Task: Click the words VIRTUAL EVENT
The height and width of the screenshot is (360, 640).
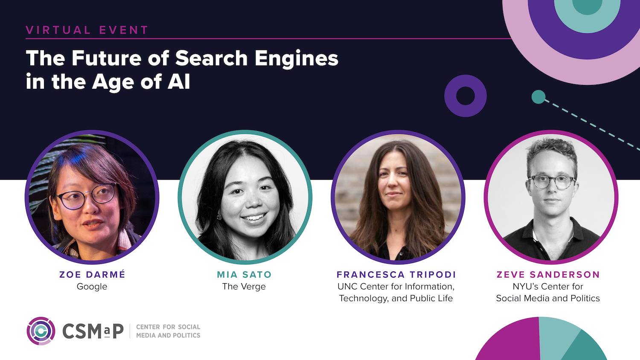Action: point(87,30)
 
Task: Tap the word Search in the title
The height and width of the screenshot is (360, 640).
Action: point(211,58)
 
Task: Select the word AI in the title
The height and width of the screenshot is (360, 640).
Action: point(179,81)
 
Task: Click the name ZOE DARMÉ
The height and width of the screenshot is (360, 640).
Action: point(92,275)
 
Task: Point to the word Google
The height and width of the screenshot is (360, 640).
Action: point(92,287)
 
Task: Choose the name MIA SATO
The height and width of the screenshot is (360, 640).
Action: point(244,275)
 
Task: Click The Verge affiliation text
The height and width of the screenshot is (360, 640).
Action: point(244,287)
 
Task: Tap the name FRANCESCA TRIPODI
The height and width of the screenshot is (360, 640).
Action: point(396,275)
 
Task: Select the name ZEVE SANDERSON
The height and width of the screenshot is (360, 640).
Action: point(548,275)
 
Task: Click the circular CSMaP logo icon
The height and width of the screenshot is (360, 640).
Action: point(41,331)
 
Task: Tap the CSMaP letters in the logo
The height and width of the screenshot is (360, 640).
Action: point(93,331)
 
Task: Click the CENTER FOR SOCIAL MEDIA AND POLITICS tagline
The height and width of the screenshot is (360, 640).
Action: point(168,331)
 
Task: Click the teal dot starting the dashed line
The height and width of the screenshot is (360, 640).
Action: point(538,97)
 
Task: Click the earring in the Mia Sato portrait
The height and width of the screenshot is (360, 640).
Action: point(220,217)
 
